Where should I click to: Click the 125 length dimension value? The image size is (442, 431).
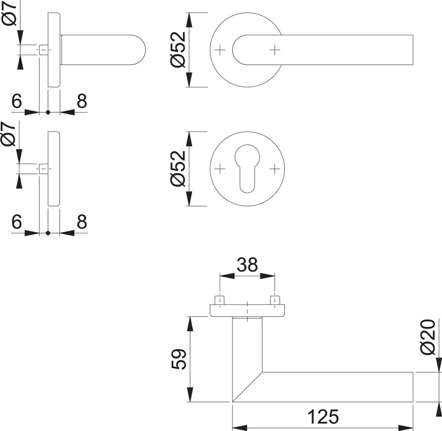(323, 416)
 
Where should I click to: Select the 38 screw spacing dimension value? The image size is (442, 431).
(247, 265)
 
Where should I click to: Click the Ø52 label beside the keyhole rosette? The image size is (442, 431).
(179, 169)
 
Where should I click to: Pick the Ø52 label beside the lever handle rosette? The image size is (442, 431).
(179, 49)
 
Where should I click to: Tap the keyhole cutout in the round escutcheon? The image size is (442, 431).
(247, 168)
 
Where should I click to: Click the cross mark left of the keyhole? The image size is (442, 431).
(220, 169)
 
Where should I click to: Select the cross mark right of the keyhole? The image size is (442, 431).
(275, 169)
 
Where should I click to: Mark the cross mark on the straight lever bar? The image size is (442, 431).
(275, 50)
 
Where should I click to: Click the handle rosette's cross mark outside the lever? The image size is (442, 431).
(220, 50)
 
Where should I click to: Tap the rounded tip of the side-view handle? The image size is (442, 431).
(141, 50)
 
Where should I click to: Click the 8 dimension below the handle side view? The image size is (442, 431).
(81, 101)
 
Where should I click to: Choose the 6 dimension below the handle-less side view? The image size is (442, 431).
(17, 222)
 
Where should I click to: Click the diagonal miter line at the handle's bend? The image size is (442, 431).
(247, 387)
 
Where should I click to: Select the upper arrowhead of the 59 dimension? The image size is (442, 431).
(191, 325)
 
